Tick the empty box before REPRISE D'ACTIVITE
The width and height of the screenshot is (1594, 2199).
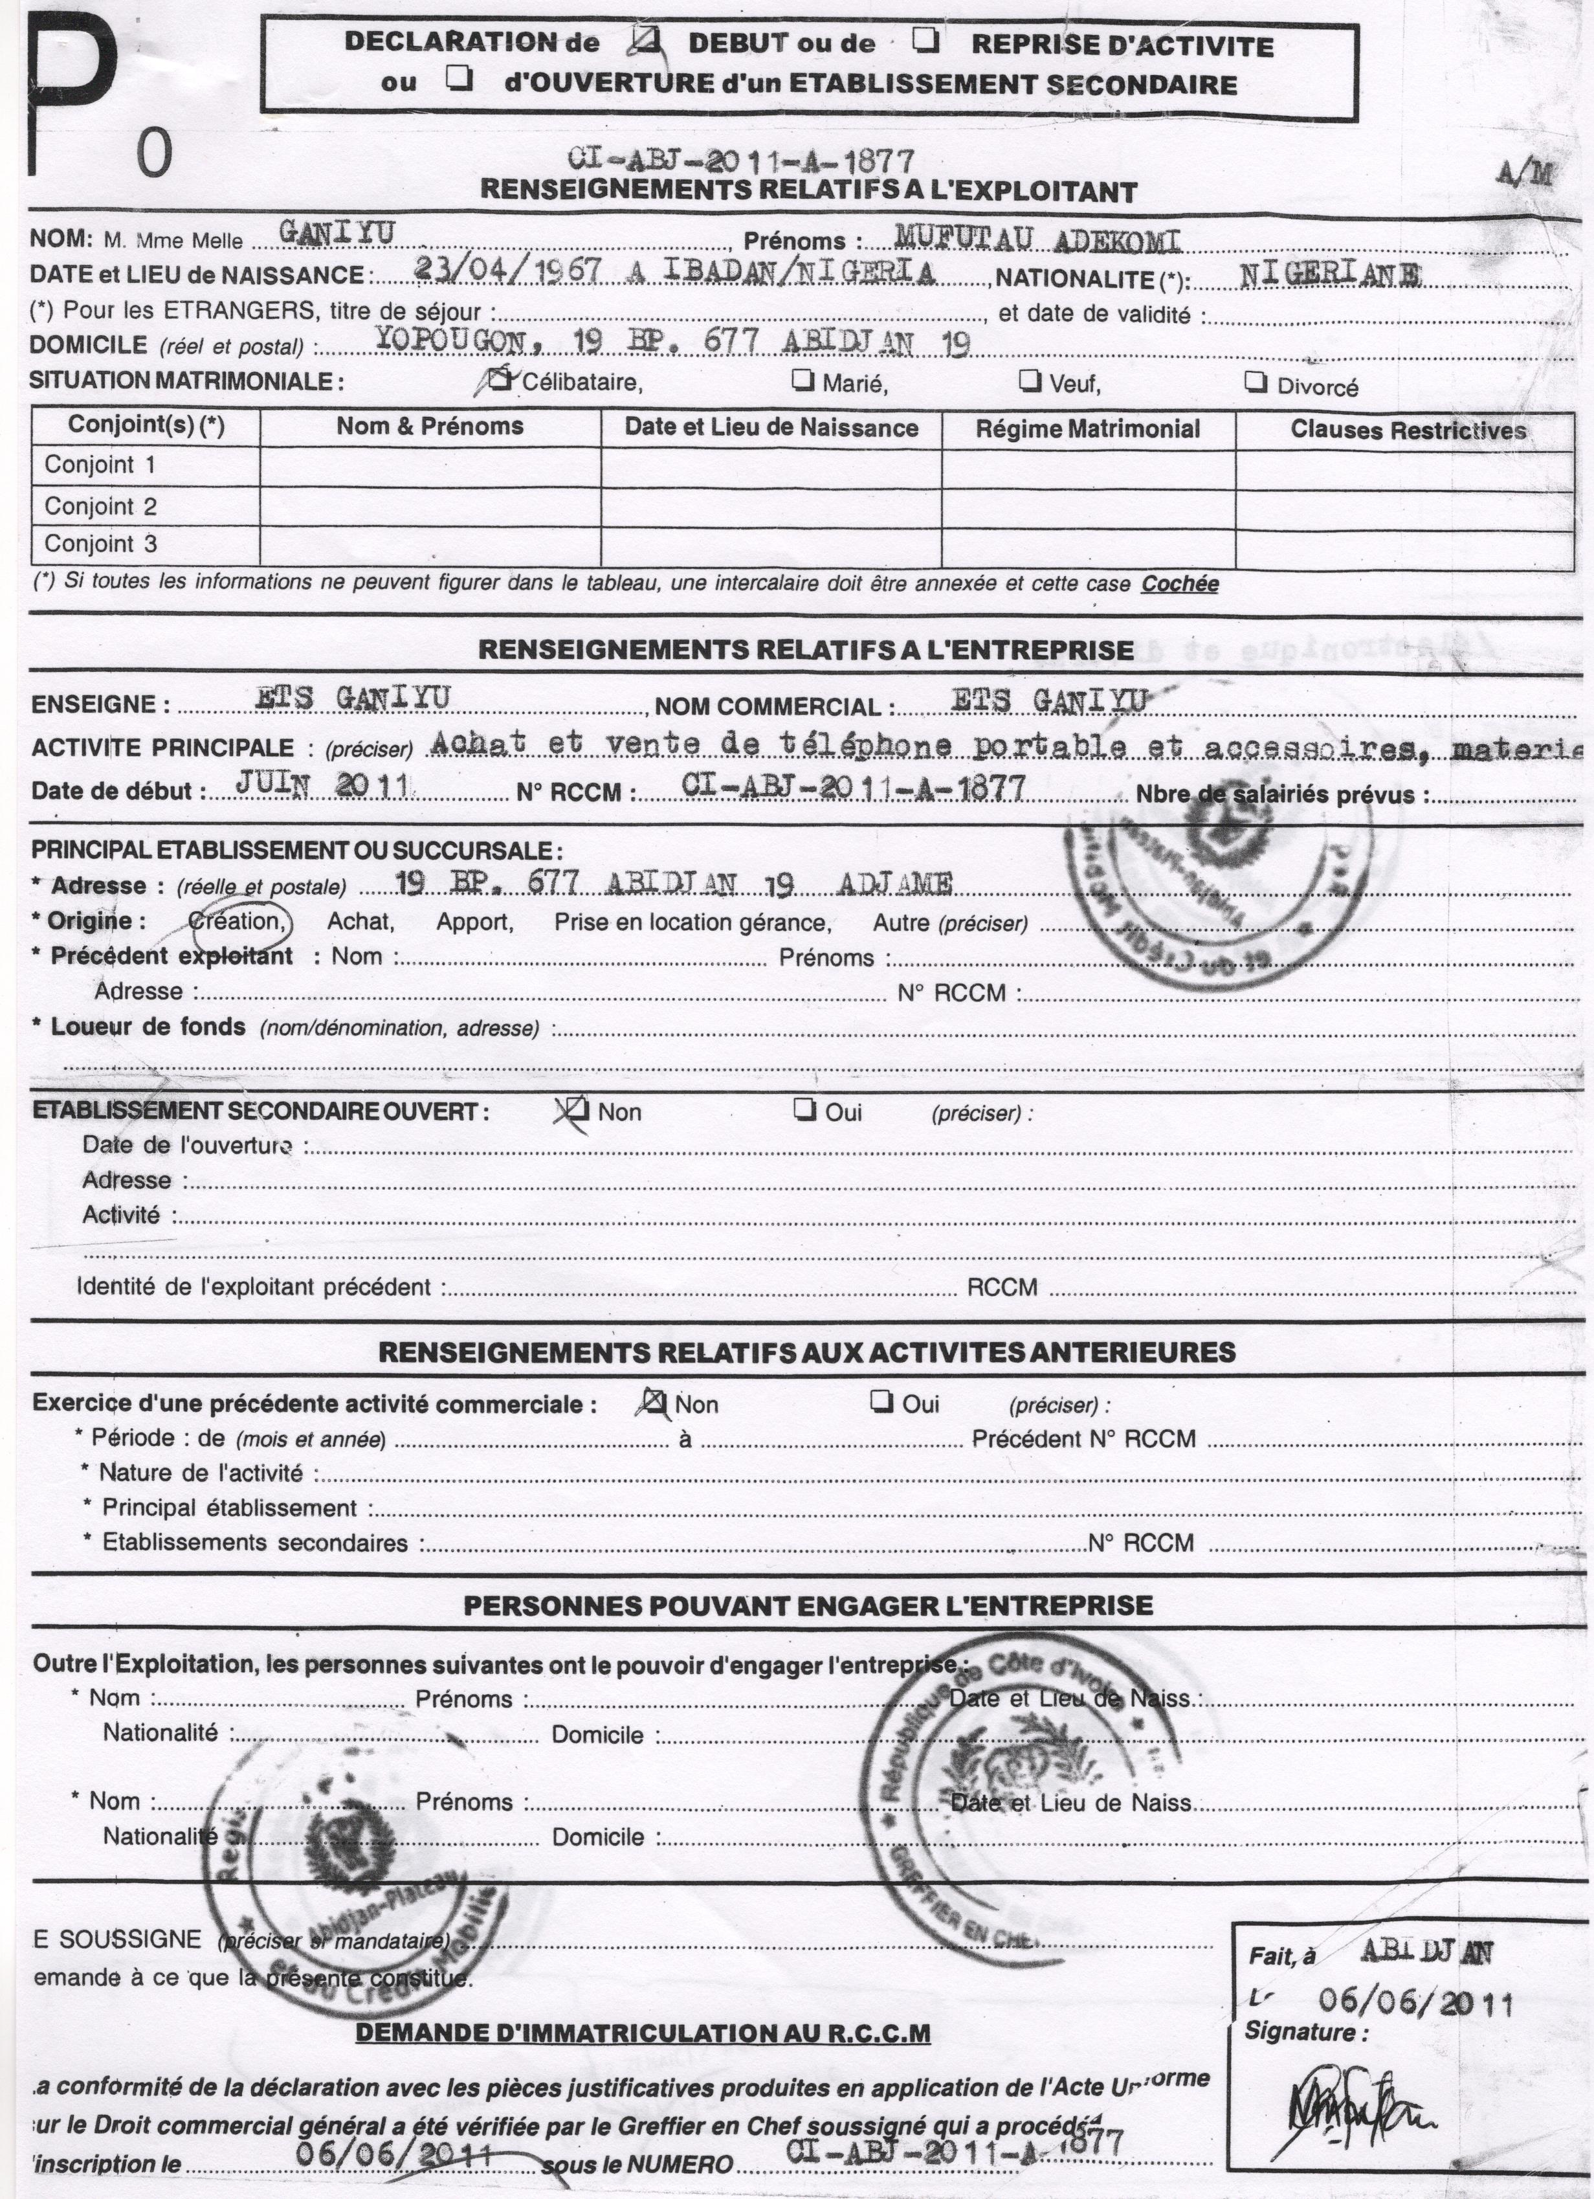925,41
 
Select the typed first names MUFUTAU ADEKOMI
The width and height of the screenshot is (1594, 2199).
1037,238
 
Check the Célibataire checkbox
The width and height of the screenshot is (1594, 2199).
502,379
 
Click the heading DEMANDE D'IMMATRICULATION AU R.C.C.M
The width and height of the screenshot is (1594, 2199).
643,2032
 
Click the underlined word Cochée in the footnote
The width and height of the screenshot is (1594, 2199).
1179,584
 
